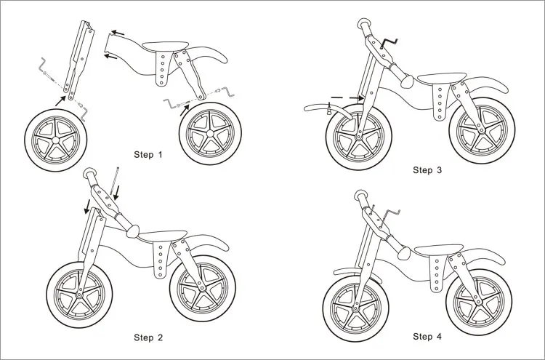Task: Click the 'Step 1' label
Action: [x=149, y=155]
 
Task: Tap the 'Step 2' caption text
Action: [x=149, y=337]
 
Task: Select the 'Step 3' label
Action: [x=427, y=170]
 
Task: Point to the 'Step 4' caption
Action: [x=427, y=336]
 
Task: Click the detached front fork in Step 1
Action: [x=78, y=58]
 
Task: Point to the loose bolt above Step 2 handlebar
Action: [x=116, y=178]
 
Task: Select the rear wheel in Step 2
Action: [x=201, y=284]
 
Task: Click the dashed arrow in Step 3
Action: [x=344, y=97]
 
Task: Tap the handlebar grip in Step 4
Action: [x=363, y=198]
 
